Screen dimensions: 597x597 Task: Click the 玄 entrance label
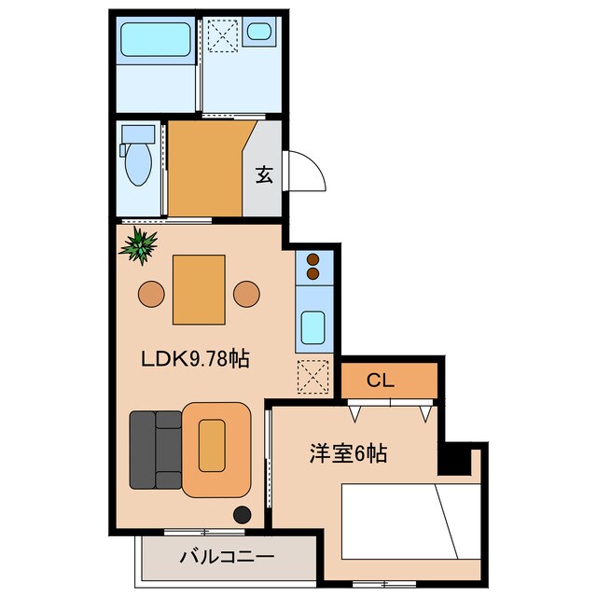click(x=264, y=174)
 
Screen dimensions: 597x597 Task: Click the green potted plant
click(x=140, y=245)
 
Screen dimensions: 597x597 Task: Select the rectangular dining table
click(x=198, y=289)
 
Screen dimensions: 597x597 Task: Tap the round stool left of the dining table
click(x=151, y=294)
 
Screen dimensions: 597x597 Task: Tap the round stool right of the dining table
click(x=246, y=294)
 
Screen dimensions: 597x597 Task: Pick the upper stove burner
click(x=312, y=259)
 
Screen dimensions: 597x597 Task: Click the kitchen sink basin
click(x=312, y=327)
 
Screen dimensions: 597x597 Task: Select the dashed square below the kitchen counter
click(x=312, y=376)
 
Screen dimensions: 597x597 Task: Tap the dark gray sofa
click(x=155, y=450)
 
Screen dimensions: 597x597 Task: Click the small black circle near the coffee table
click(x=242, y=513)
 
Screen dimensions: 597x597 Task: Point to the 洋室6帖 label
click(x=349, y=455)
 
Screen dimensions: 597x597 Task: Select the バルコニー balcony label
click(x=226, y=558)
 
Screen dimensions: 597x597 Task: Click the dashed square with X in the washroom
click(x=224, y=38)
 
